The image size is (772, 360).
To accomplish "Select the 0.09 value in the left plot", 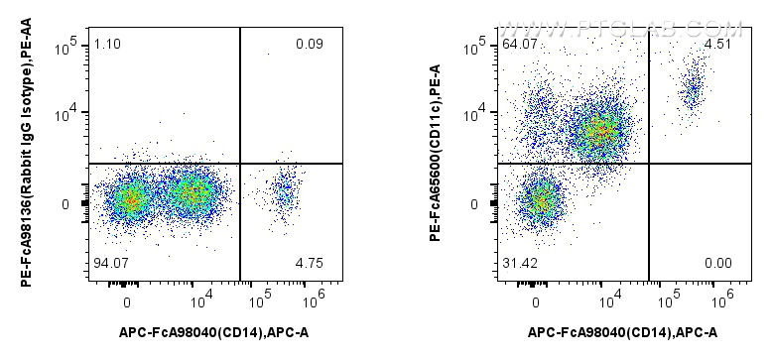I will (x=310, y=44).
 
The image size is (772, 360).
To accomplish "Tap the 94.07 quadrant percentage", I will (x=109, y=263).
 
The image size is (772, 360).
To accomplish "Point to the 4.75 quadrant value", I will (x=310, y=263).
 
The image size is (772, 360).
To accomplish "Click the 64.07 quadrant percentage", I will (x=518, y=44).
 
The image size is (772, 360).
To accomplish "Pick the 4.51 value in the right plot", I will (x=718, y=44).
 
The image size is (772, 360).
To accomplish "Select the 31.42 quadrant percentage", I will (x=518, y=263).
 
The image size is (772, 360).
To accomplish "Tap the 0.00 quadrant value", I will (x=718, y=263).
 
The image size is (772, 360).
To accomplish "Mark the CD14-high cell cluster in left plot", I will (x=285, y=190).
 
